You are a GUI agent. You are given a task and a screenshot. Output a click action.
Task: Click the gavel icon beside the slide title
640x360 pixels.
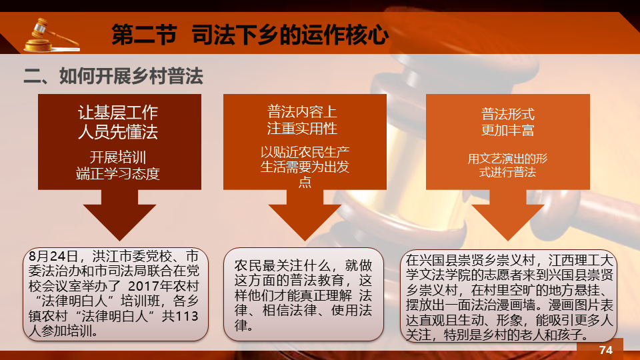(51, 35)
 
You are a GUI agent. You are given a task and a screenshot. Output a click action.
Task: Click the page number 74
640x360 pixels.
(606, 350)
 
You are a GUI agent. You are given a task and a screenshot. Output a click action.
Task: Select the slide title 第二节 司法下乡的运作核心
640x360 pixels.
(250, 34)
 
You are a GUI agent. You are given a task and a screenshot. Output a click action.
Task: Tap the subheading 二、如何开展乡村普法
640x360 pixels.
(113, 76)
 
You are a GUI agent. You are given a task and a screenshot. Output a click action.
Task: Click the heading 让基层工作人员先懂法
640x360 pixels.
(118, 122)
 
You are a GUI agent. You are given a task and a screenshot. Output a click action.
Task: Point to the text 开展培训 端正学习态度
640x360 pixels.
(118, 165)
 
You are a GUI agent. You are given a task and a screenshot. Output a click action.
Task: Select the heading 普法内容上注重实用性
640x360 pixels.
(302, 120)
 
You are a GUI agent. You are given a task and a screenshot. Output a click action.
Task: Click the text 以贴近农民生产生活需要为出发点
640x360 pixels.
(305, 167)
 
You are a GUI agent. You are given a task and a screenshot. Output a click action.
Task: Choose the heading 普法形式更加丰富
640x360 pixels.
(508, 121)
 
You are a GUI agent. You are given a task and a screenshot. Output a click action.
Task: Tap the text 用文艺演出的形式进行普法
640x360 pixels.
(508, 165)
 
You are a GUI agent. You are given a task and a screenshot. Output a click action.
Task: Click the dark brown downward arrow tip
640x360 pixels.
(119, 241)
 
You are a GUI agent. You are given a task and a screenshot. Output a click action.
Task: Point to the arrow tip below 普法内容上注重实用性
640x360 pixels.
(305, 241)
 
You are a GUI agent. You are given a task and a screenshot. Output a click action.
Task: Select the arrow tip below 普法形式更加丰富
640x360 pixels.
(508, 241)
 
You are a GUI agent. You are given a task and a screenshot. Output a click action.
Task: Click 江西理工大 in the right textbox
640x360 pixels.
(581, 259)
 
